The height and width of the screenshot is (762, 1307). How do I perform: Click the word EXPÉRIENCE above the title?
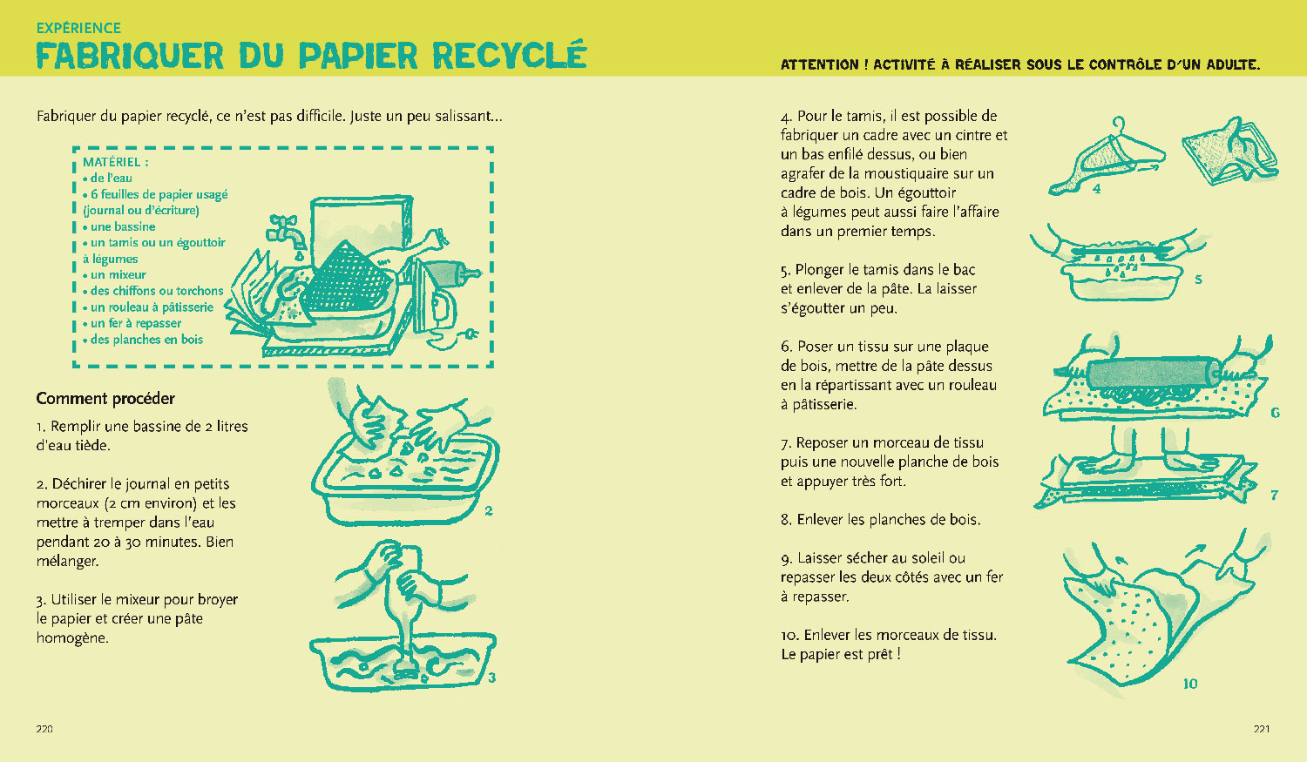(x=78, y=28)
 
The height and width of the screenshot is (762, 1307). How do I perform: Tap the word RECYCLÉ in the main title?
(x=509, y=56)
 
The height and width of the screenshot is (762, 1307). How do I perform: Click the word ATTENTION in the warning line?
(x=819, y=64)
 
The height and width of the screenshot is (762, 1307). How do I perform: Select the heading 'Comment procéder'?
(x=105, y=399)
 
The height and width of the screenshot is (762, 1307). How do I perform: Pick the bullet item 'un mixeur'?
(x=118, y=274)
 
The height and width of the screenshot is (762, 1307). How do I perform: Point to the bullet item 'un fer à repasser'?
(x=135, y=323)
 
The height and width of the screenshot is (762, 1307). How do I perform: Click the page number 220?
(x=44, y=729)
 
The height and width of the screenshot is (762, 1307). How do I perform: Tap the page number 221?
(x=1261, y=729)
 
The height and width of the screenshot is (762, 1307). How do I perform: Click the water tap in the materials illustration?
(x=286, y=232)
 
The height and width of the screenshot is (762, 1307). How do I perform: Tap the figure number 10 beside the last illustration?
(x=1190, y=684)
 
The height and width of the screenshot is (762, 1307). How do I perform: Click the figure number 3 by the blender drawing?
(x=491, y=678)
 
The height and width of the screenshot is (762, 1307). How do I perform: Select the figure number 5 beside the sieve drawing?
(x=1198, y=280)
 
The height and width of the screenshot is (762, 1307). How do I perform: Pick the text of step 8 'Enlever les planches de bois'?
(x=880, y=520)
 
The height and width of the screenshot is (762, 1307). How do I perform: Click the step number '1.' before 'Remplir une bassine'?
(x=41, y=427)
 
